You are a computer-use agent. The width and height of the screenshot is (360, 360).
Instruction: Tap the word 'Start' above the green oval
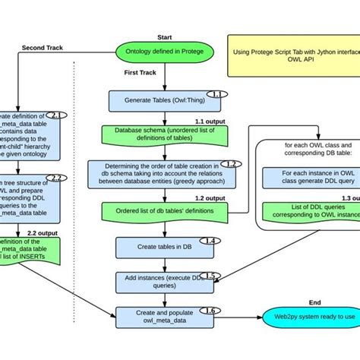coord(164,36)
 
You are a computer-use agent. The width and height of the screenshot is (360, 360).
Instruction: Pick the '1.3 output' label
coord(344,197)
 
